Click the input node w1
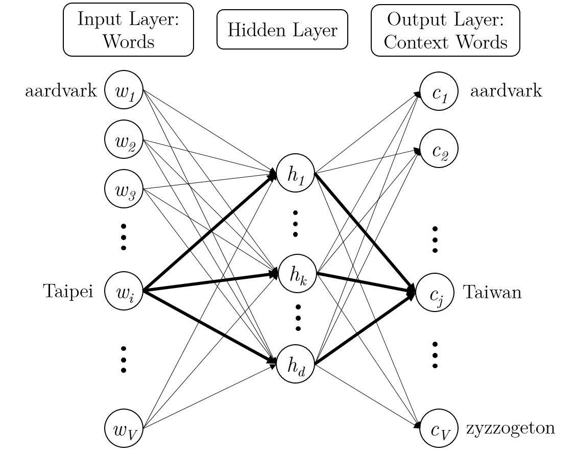pyautogui.click(x=124, y=90)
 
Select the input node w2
pyautogui.click(x=124, y=139)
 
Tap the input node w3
pyautogui.click(x=124, y=188)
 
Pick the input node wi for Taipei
pyautogui.click(x=124, y=291)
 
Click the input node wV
pyautogui.click(x=124, y=428)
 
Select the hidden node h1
pyautogui.click(x=295, y=173)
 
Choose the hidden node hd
pyautogui.click(x=295, y=364)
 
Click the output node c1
pyautogui.click(x=439, y=91)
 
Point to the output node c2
pyautogui.click(x=439, y=149)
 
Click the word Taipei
pyautogui.click(x=68, y=292)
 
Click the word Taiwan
pyautogui.click(x=492, y=292)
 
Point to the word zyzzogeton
pyautogui.click(x=510, y=427)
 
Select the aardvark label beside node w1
pyautogui.click(x=61, y=91)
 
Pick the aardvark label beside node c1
pyautogui.click(x=506, y=91)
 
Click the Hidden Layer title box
pyautogui.click(x=282, y=30)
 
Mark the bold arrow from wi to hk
pyautogui.click(x=209, y=282)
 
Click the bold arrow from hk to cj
pyautogui.click(x=365, y=283)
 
